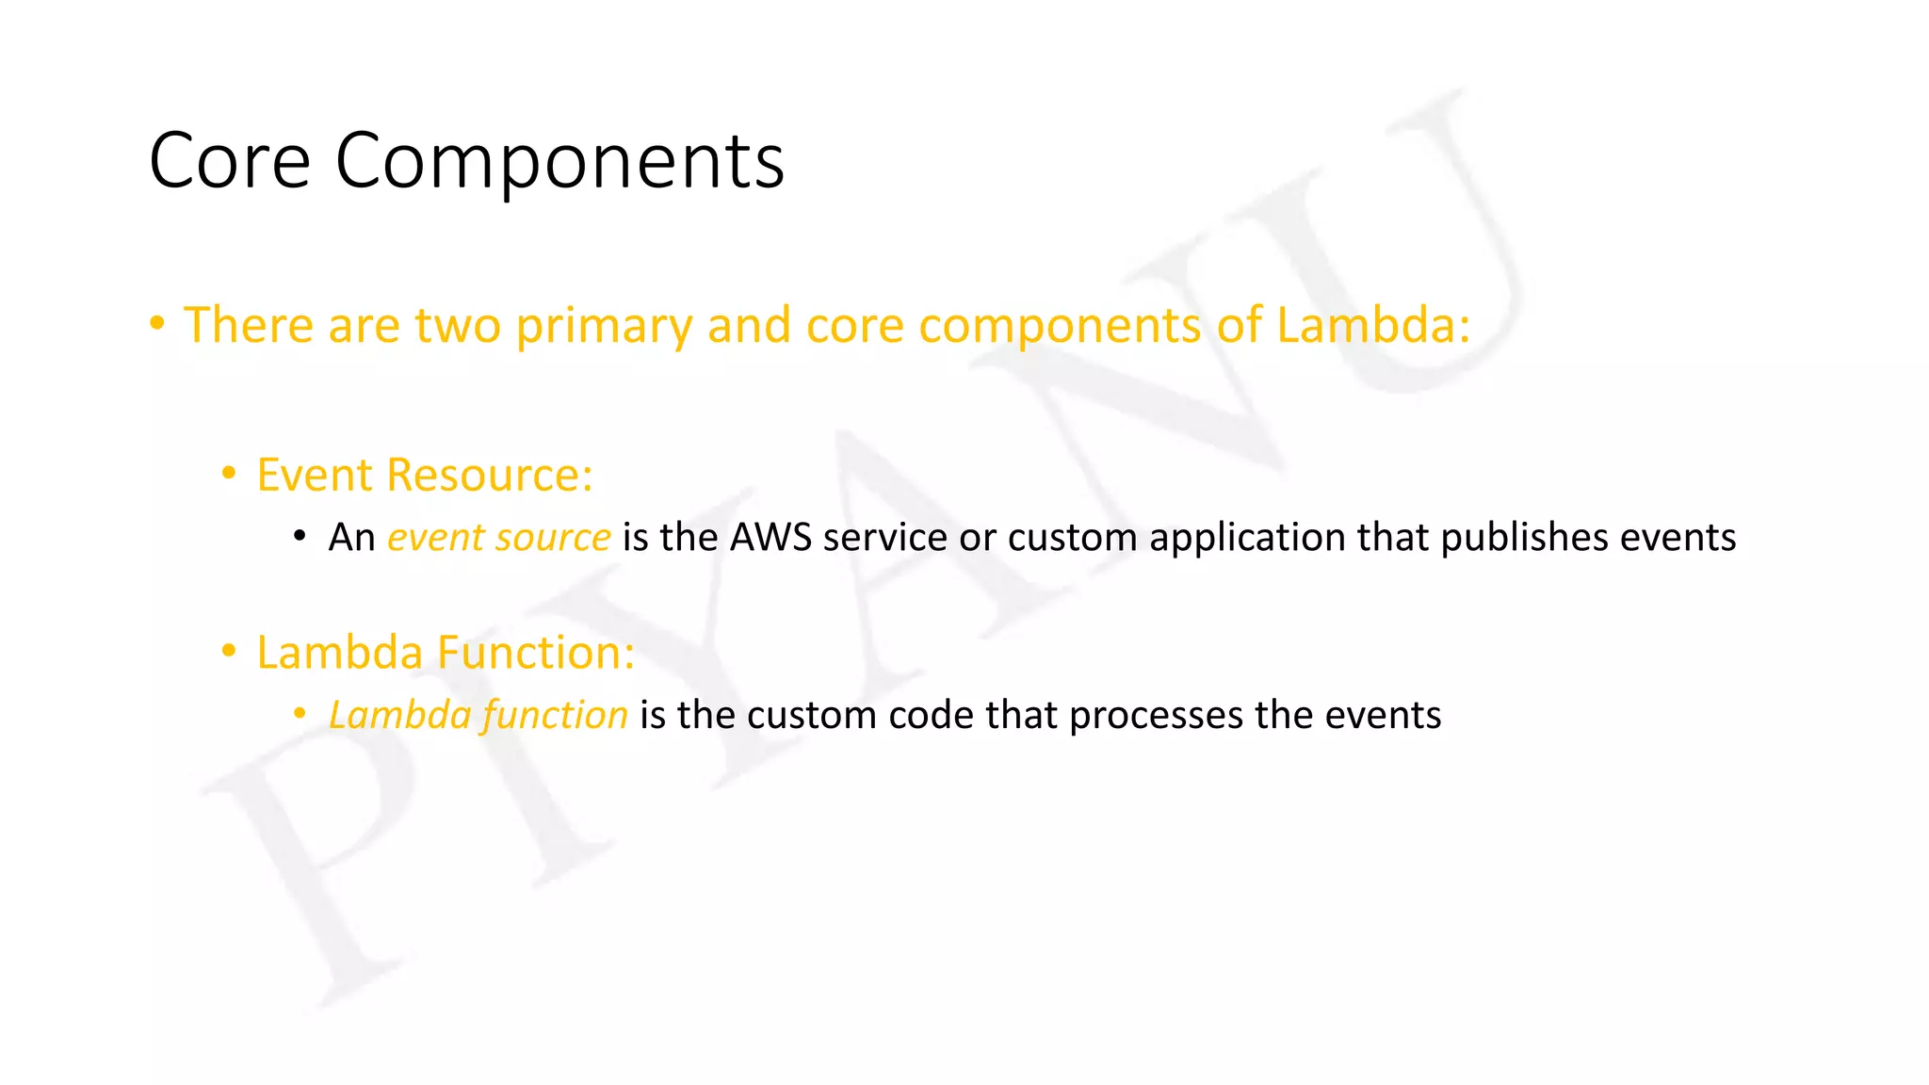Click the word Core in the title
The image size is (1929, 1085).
click(x=230, y=161)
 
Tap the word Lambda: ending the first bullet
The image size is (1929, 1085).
click(x=1372, y=325)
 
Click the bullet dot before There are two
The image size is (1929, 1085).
click(x=157, y=324)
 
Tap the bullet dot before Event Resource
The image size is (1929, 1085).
click(x=228, y=473)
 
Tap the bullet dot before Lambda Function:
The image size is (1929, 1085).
click(x=228, y=651)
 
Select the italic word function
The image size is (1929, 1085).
click(x=555, y=716)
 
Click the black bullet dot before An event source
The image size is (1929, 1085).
click(x=300, y=537)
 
